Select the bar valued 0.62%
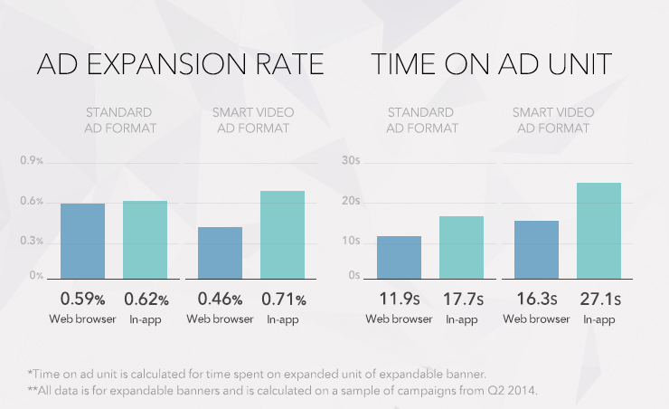145,240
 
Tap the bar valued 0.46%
220,252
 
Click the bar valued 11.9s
399,257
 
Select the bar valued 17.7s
461,247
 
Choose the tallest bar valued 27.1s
598,231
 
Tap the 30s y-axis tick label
351,161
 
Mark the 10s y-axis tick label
351,241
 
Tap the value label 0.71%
282,299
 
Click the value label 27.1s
598,299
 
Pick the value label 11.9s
399,299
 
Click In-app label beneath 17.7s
462,319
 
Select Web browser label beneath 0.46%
220,319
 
